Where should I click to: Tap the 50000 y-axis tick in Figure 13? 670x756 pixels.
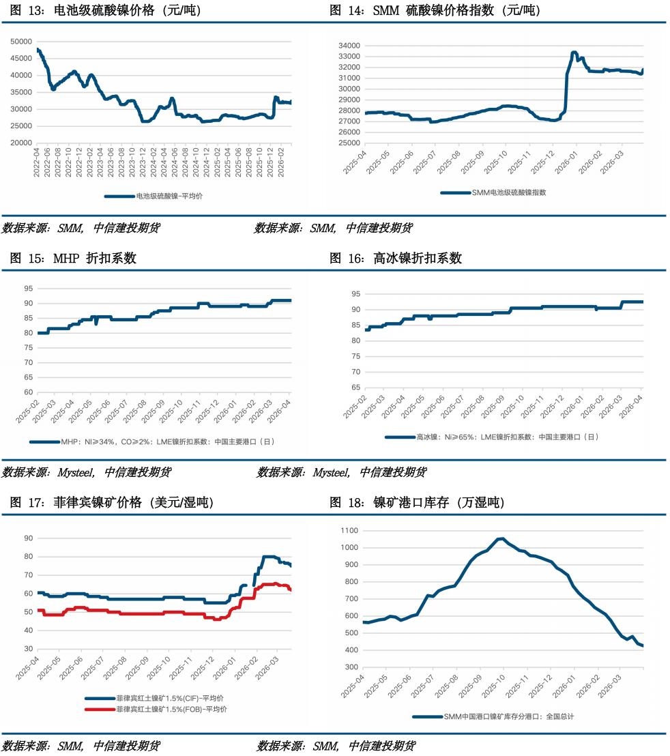pyautogui.click(x=23, y=41)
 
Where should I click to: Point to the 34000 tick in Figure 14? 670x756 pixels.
pyautogui.click(x=349, y=46)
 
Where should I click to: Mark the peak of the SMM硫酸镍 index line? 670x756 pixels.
pyautogui.click(x=574, y=53)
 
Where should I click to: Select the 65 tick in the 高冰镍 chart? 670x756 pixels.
pyautogui.click(x=356, y=388)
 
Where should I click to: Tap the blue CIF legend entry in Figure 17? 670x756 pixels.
pyautogui.click(x=161, y=699)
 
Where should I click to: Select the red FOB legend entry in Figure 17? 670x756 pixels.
pyautogui.click(x=161, y=709)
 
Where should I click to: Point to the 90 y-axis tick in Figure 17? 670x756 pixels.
pyautogui.click(x=28, y=538)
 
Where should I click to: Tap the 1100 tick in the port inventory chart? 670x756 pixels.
pyautogui.click(x=349, y=530)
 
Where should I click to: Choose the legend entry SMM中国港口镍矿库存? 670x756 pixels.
pyautogui.click(x=506, y=716)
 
